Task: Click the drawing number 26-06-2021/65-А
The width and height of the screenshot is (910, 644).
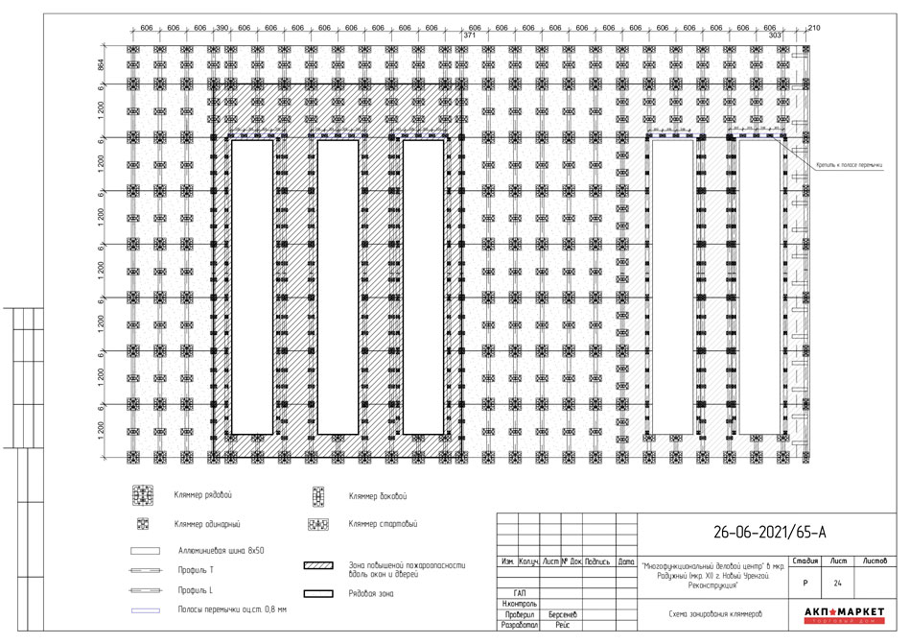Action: tap(770, 531)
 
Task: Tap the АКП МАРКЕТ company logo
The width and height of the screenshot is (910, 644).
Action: tap(843, 614)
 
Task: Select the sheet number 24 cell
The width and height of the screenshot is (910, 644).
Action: tap(837, 582)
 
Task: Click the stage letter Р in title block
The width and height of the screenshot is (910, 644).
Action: tap(805, 582)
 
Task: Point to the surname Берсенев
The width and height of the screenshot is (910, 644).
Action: tap(562, 613)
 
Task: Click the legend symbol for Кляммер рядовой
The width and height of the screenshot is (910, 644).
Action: tap(143, 496)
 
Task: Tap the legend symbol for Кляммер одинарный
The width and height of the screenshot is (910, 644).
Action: tap(143, 524)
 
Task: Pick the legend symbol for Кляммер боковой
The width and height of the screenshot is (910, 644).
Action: tap(317, 496)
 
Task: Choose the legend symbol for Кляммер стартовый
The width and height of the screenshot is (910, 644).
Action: tap(317, 524)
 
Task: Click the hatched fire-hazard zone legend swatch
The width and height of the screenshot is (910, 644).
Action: tap(317, 566)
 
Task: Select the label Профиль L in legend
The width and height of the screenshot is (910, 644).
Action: tap(196, 589)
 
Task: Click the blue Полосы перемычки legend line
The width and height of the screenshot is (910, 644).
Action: tap(143, 609)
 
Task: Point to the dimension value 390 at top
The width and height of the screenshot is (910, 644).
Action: tap(222, 29)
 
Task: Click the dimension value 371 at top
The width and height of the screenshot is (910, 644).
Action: tap(469, 36)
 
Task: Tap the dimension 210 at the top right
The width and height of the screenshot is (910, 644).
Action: tap(815, 29)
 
